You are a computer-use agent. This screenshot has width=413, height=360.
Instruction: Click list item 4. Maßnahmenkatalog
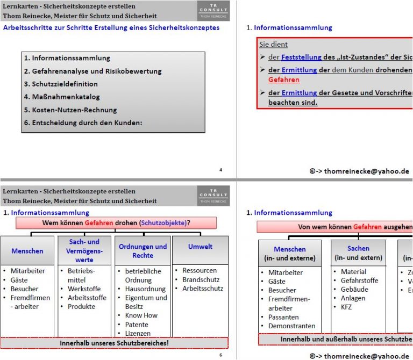coord(62,97)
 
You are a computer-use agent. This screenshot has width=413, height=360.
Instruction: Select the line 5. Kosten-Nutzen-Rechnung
coord(70,110)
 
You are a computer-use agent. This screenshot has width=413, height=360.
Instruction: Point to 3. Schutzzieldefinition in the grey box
coord(61,84)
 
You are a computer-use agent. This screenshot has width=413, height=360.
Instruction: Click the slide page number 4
coord(220,170)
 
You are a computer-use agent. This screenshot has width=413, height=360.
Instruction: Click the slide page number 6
coord(220,355)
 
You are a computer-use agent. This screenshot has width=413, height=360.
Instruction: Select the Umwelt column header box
coord(200,247)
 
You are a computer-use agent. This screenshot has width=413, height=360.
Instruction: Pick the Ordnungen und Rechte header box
coord(143,251)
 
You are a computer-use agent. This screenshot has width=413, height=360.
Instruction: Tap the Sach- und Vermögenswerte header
coord(84,251)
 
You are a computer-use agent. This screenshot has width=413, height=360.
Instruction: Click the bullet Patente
coord(137,325)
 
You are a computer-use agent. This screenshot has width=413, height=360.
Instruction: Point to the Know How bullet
coord(141,315)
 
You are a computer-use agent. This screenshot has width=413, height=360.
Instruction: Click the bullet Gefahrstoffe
coord(359,280)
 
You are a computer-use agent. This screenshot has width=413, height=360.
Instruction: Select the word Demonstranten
coord(291,326)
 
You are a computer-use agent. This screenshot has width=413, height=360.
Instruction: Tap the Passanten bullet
coord(283,317)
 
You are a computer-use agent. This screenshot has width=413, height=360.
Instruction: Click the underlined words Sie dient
coord(273,45)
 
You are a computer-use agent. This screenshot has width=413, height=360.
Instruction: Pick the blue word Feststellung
coord(301,57)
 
